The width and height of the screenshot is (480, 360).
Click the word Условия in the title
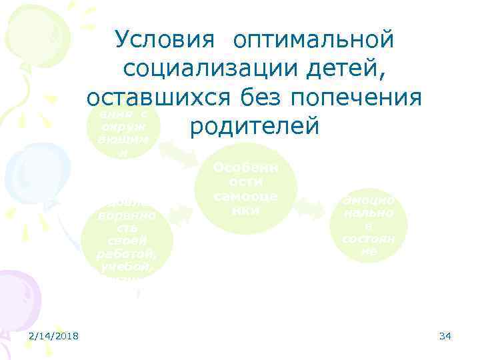[x=164, y=40]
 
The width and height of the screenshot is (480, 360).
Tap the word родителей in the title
[x=255, y=126]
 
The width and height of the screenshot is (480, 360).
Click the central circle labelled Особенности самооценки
[x=245, y=189]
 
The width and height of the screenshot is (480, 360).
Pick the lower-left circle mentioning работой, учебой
[x=126, y=237]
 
